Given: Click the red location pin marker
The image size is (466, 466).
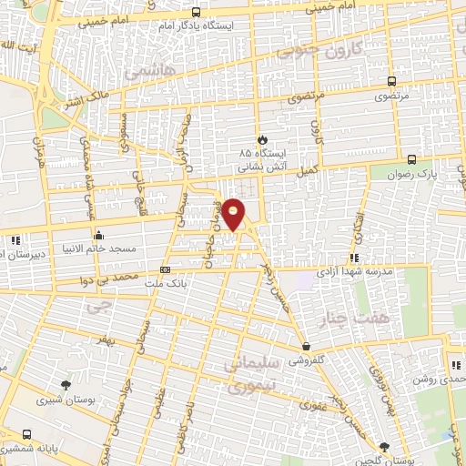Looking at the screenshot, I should tap(234, 212).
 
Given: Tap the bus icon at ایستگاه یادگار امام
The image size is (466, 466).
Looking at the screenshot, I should tap(196, 13).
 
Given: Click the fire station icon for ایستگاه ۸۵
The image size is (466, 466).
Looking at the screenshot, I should tap(263, 140).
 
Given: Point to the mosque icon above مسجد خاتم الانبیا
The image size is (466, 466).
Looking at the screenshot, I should tap(97, 236).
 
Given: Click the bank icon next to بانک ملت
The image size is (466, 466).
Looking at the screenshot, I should tap(165, 269).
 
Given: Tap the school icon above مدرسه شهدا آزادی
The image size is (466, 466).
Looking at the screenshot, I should tap(353, 258).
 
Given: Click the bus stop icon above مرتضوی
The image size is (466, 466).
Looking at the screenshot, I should tap(391, 81).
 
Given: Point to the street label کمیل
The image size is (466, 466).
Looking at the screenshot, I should tap(309, 169).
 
